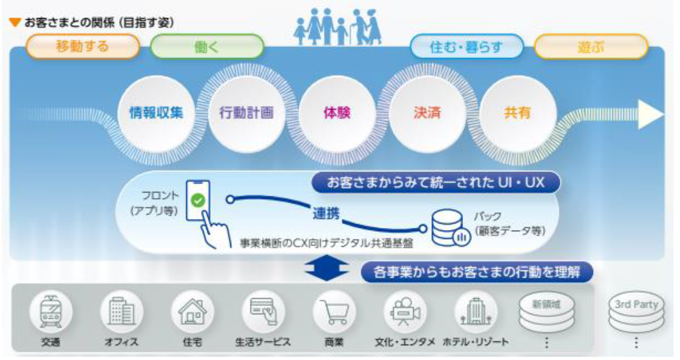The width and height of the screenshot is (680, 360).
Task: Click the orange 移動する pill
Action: [82, 46]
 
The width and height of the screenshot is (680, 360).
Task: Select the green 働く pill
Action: [207, 46]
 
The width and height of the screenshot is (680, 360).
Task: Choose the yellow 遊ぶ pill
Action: [590, 46]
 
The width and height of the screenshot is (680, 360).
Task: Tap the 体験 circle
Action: [334, 113]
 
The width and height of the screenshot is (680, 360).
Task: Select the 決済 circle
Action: [425, 113]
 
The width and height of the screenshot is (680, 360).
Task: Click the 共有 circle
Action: [516, 113]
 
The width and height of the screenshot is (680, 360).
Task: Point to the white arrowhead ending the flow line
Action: [652, 114]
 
